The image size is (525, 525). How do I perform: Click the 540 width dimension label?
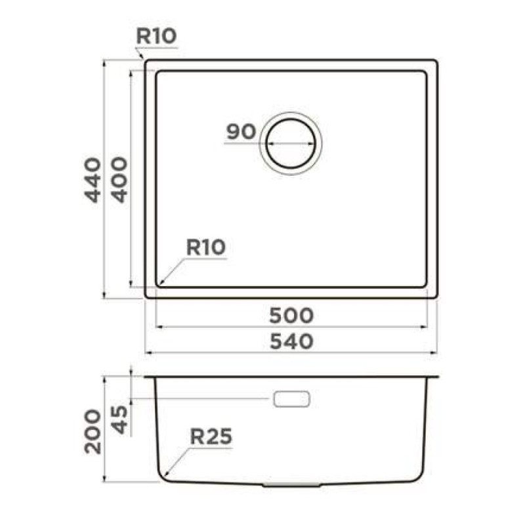291,341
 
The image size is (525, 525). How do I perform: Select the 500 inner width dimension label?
291,316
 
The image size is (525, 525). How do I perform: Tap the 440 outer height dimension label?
93,180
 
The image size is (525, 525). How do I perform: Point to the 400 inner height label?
119,180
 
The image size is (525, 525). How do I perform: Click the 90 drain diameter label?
241,131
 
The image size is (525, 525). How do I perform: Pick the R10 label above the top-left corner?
156,36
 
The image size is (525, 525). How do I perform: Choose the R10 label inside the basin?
206,247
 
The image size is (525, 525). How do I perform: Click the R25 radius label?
211,436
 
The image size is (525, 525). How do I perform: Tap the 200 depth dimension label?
93,432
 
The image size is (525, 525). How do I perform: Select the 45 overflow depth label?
119,419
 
